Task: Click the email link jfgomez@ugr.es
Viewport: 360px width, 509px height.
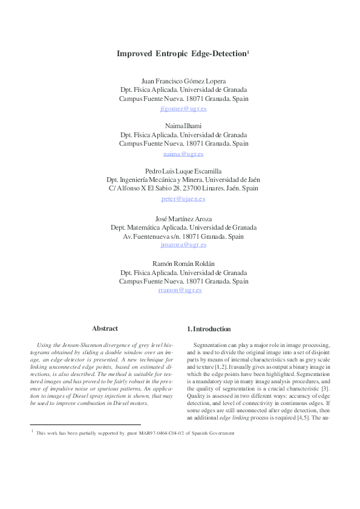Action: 183,109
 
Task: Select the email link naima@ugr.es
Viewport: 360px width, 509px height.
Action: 183,154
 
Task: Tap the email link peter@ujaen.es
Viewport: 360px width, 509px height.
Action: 183,199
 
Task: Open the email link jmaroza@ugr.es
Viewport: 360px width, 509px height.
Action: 183,245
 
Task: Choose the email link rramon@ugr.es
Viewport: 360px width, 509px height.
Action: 180,290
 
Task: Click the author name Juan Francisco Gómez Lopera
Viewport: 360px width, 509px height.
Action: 183,80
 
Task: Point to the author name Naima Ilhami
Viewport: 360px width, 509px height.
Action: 183,126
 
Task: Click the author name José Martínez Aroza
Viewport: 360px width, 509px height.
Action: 183,216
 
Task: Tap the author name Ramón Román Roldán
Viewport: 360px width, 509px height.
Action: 183,262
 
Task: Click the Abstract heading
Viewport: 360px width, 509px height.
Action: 105,328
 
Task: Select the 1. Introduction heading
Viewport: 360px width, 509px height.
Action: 209,329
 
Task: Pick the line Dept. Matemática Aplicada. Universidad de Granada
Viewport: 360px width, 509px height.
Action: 183,227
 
